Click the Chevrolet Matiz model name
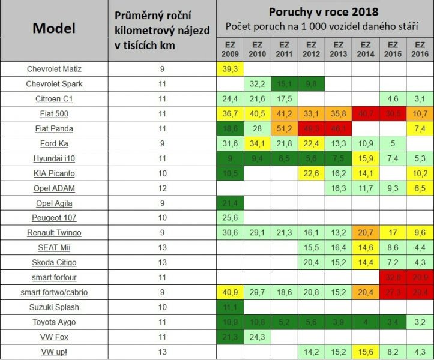[x=54, y=69]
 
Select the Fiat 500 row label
[x=54, y=113]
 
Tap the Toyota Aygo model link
[x=54, y=322]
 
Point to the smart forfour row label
[x=54, y=277]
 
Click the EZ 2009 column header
[x=230, y=49]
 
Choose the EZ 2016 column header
[x=420, y=49]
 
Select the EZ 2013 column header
[x=338, y=49]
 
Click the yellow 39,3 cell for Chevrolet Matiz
[x=230, y=69]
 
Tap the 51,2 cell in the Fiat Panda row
[x=284, y=128]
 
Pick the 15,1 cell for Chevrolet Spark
[x=284, y=84]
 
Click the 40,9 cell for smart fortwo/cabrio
[x=230, y=292]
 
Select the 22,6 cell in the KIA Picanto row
[x=311, y=173]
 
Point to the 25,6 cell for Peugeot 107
[x=230, y=218]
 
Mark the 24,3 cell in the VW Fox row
[x=257, y=337]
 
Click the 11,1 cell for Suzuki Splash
[x=230, y=307]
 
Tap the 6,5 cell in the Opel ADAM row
[x=420, y=188]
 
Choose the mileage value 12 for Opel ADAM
[x=163, y=188]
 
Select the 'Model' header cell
[x=54, y=29]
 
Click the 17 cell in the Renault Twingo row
[x=393, y=233]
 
